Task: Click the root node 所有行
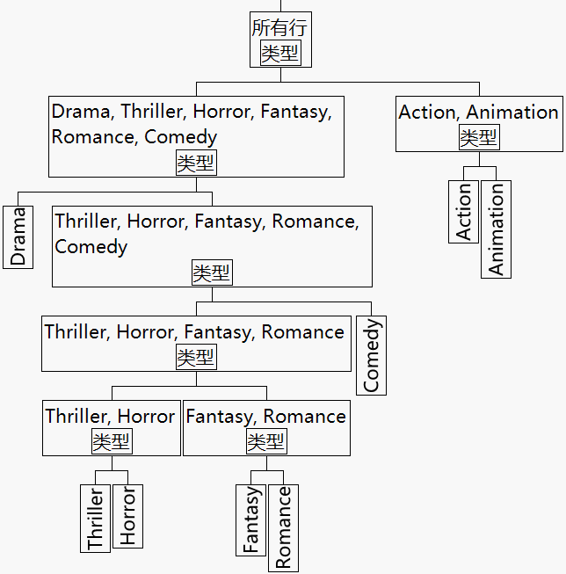point(279,28)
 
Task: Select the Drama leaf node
point(18,236)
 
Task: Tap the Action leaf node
point(464,211)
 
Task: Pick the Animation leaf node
point(497,229)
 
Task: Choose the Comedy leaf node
point(372,355)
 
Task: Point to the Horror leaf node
point(128,516)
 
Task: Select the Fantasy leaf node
point(251,520)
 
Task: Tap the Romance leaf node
point(283,527)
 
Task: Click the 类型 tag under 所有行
point(280,54)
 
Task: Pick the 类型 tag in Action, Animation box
point(479,137)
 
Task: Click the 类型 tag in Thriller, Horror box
point(112,441)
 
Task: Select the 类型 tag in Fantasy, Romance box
point(266,441)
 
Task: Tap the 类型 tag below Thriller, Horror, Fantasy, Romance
point(196,357)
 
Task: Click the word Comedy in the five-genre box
point(91,247)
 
